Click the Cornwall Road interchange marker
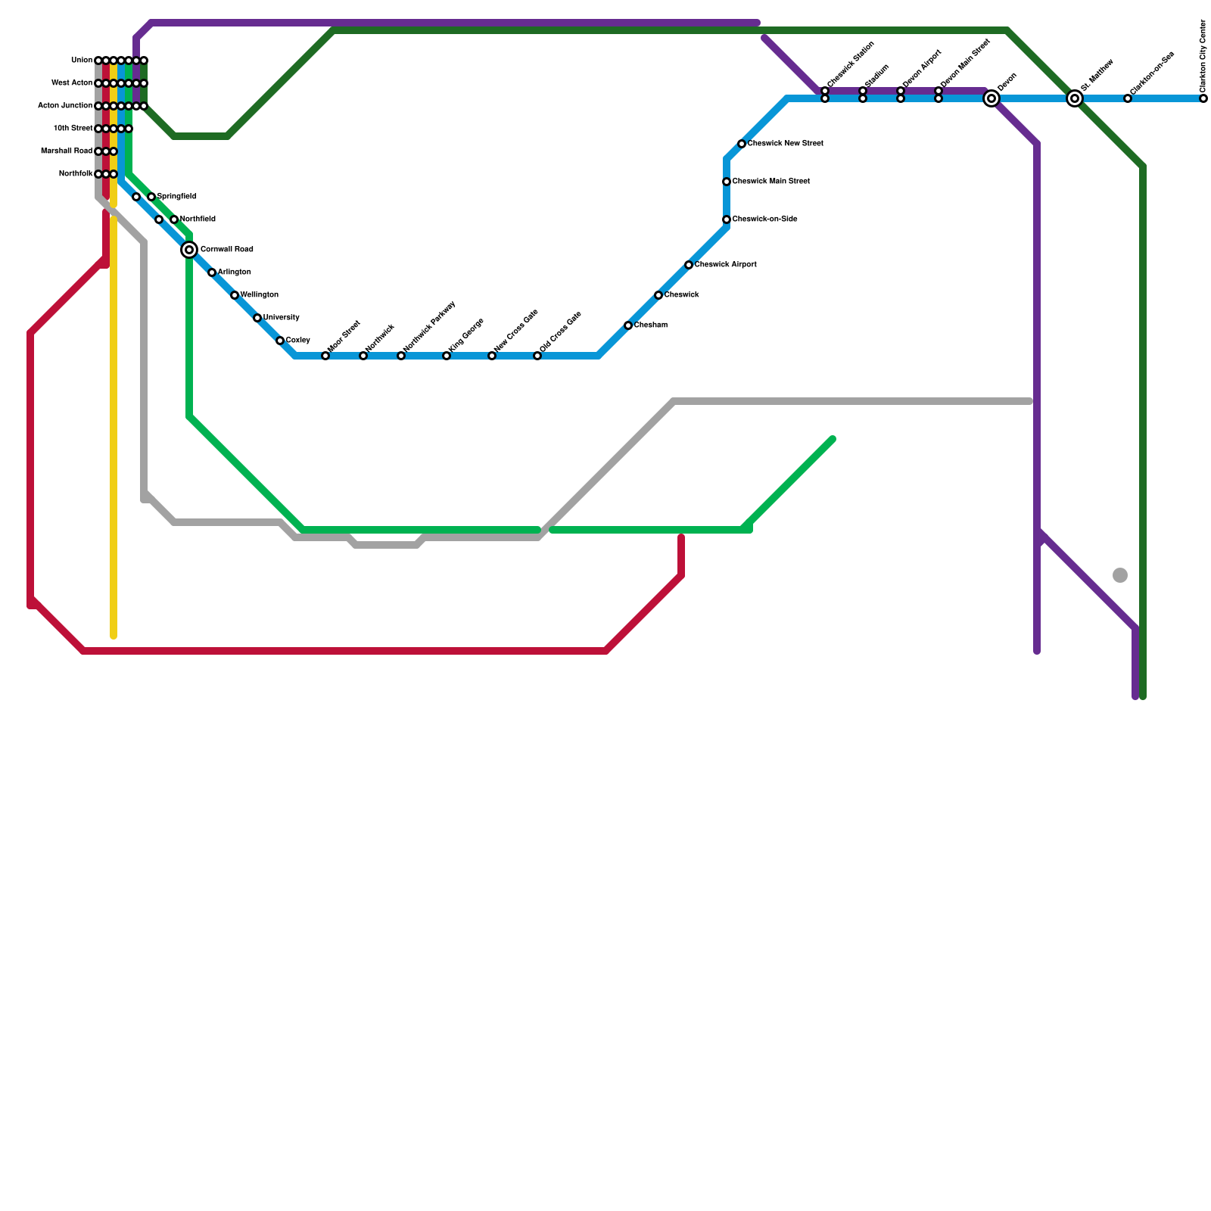pyautogui.click(x=189, y=250)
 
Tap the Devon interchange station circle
pyautogui.click(x=992, y=98)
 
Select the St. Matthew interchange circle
pyautogui.click(x=1075, y=98)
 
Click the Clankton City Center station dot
pyautogui.click(x=1203, y=98)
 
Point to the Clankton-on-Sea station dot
pyautogui.click(x=1128, y=98)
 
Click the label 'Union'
pyautogui.click(x=81, y=61)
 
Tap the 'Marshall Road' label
pyautogui.click(x=67, y=151)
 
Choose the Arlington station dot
pyautogui.click(x=212, y=272)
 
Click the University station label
pyautogui.click(x=282, y=318)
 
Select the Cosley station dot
pyautogui.click(x=280, y=341)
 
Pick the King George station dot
pyautogui.click(x=447, y=356)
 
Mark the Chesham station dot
pyautogui.click(x=628, y=325)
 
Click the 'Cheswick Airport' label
pyautogui.click(x=725, y=265)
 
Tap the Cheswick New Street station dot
pyautogui.click(x=742, y=144)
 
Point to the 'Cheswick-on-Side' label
pyautogui.click(x=764, y=219)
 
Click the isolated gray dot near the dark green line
pyautogui.click(x=1120, y=575)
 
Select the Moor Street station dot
pyautogui.click(x=325, y=356)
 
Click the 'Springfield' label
pyautogui.click(x=177, y=197)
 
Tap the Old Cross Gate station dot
pyautogui.click(x=537, y=356)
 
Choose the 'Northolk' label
pyautogui.click(x=75, y=174)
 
